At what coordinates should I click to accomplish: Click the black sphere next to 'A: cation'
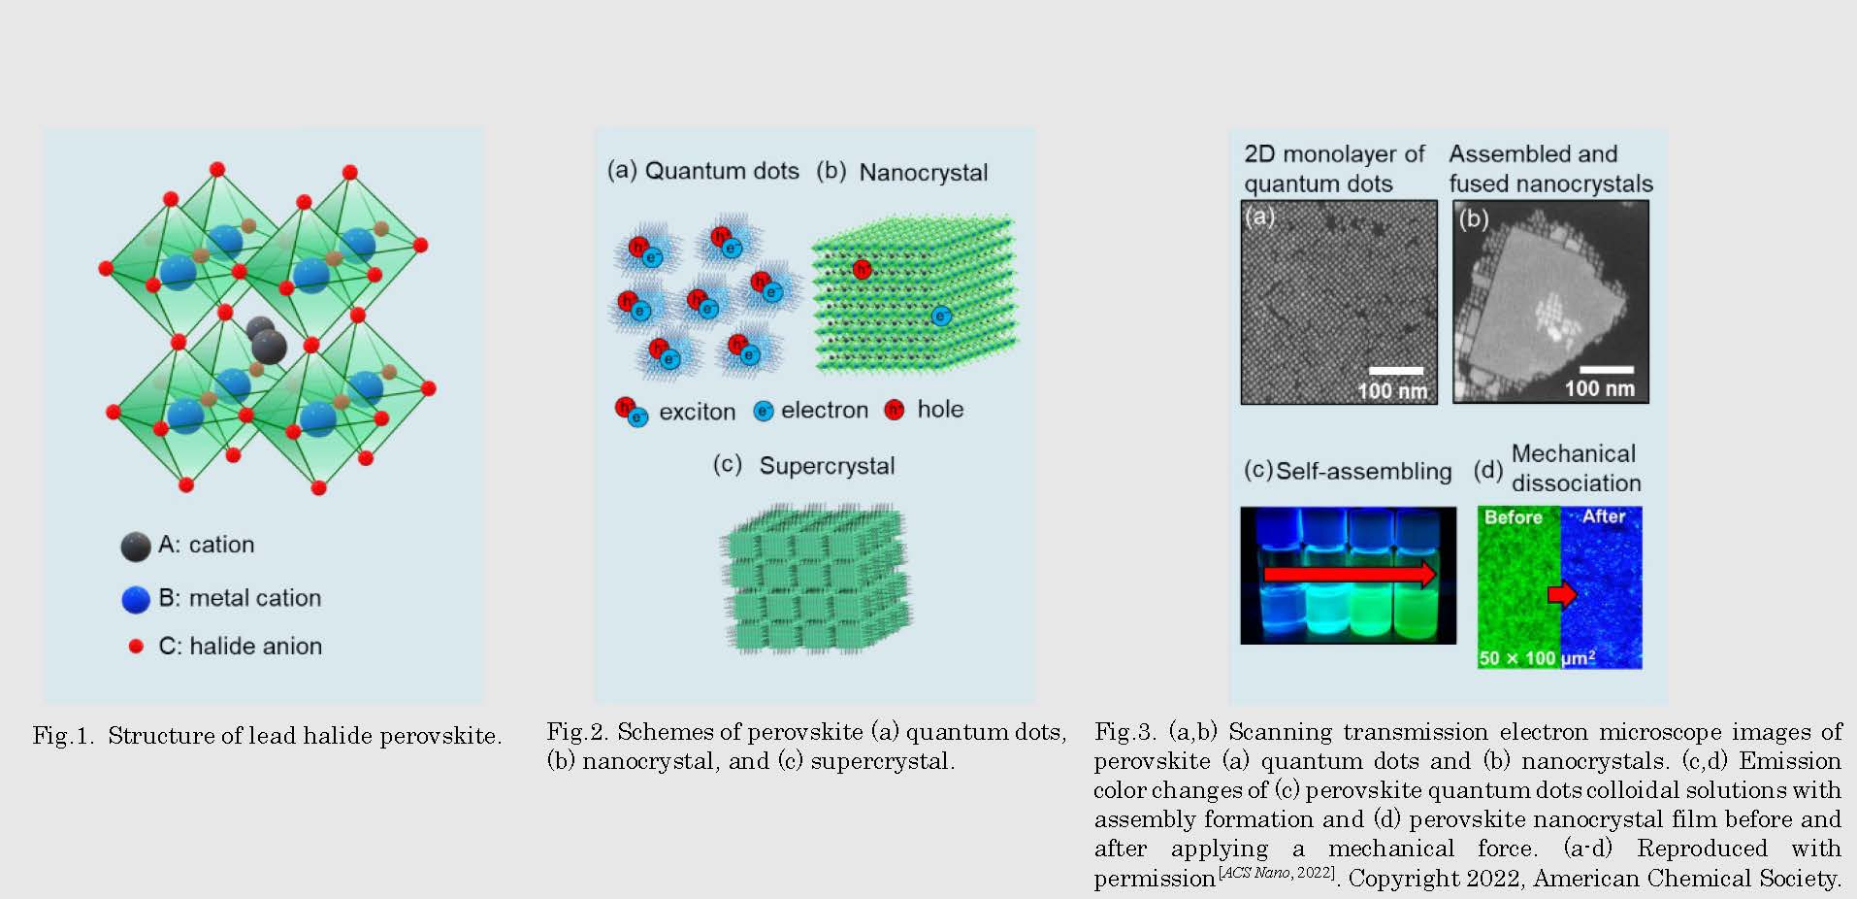tap(136, 547)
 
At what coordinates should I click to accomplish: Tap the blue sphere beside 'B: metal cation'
tap(136, 599)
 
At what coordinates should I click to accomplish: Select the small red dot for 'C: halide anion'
tap(136, 646)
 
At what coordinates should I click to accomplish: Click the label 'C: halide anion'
tap(240, 646)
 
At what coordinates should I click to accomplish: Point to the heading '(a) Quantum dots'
tap(702, 171)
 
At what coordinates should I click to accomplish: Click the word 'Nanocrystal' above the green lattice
tap(924, 173)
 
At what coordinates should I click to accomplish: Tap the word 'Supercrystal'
tap(827, 466)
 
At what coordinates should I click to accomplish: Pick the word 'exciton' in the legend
tap(697, 412)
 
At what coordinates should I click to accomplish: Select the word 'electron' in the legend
tap(825, 411)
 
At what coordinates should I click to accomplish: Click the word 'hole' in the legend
tap(940, 410)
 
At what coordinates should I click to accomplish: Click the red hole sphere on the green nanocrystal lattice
tap(862, 269)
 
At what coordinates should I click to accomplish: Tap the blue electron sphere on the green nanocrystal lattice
tap(940, 316)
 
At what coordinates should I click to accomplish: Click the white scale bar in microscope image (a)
tap(1396, 370)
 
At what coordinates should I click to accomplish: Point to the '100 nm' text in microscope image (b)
tap(1599, 388)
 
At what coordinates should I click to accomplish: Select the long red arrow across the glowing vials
tap(1350, 574)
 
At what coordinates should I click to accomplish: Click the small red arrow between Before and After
tap(1562, 593)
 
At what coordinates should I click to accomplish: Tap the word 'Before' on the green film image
tap(1513, 517)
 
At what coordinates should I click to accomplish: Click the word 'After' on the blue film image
tap(1604, 516)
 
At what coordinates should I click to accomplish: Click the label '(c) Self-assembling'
tap(1348, 471)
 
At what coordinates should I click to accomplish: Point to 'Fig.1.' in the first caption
tap(63, 736)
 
